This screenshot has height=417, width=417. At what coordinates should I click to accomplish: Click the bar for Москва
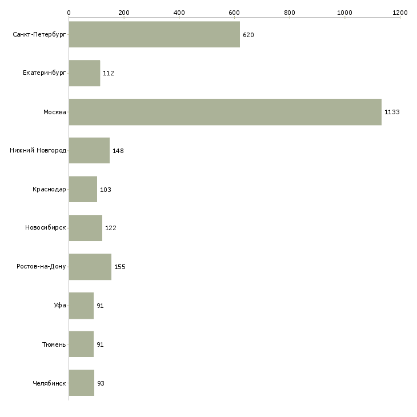(x=225, y=112)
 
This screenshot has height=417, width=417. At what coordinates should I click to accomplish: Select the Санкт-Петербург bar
(x=154, y=34)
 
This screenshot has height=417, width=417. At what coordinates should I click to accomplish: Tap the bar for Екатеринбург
(x=84, y=73)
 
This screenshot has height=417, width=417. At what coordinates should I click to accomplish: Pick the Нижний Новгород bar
(x=89, y=151)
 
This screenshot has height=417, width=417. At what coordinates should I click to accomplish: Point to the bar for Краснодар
(x=83, y=189)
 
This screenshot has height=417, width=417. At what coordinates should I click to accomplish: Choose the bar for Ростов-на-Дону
(x=90, y=267)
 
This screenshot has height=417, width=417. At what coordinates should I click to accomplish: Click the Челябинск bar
(x=81, y=383)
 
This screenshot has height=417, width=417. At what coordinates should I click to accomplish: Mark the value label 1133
(x=392, y=112)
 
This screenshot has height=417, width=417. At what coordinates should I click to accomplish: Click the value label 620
(x=248, y=35)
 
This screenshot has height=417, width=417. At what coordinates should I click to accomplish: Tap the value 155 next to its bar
(x=119, y=267)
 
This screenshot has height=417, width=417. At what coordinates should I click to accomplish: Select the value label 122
(x=111, y=228)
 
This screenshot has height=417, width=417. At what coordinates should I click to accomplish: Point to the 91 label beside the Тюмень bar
(x=100, y=344)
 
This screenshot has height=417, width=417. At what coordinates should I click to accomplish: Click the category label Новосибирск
(x=46, y=228)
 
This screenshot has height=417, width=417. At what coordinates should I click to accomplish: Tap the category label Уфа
(x=59, y=306)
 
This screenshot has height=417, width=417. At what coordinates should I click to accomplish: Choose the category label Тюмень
(x=54, y=344)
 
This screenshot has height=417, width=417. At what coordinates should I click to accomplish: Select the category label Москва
(x=55, y=112)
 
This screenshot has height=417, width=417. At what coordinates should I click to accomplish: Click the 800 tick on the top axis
(x=290, y=12)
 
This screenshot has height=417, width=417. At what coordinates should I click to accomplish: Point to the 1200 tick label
(x=400, y=12)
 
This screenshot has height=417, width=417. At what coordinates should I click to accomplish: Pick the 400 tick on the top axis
(x=179, y=12)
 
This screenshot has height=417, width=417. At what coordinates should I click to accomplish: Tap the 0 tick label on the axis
(x=69, y=12)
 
